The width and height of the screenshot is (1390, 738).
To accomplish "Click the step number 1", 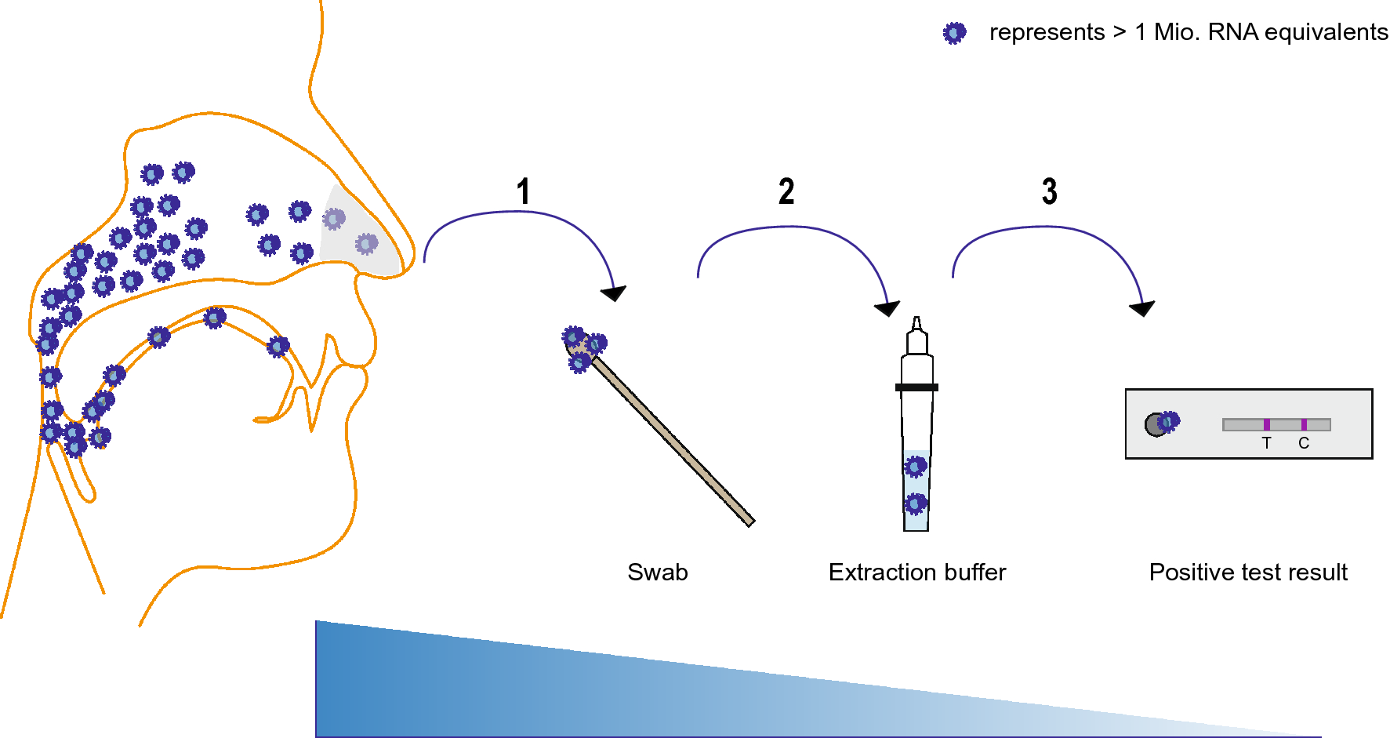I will (x=524, y=191).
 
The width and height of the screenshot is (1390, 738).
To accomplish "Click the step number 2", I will (x=786, y=191).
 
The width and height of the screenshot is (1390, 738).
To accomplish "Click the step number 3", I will (x=1050, y=191).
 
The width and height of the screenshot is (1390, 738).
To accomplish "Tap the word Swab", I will (x=657, y=573).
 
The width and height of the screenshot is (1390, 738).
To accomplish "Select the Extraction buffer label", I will (x=916, y=573).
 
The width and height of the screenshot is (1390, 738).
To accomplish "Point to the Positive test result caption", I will (x=1248, y=573).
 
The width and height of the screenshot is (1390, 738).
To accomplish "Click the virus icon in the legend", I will (x=954, y=33).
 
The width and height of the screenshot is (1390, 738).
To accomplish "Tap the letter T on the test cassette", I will (x=1266, y=443).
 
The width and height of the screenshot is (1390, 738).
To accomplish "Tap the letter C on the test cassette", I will (x=1304, y=443).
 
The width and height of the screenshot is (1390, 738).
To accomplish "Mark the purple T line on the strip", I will (x=1266, y=424).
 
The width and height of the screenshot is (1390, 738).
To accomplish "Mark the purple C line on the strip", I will (x=1304, y=424).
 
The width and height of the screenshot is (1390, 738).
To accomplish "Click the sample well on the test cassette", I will (x=1156, y=424).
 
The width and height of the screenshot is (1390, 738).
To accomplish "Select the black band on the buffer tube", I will (x=916, y=387).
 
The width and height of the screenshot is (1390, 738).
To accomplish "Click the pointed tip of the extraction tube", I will (x=916, y=322).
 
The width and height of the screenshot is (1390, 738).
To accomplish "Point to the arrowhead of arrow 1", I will (x=615, y=294).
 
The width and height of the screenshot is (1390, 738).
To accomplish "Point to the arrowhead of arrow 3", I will (x=1142, y=308).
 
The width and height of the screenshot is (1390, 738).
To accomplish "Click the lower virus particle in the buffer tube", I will (x=916, y=503).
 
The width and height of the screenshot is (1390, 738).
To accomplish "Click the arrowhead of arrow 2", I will (x=887, y=308).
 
